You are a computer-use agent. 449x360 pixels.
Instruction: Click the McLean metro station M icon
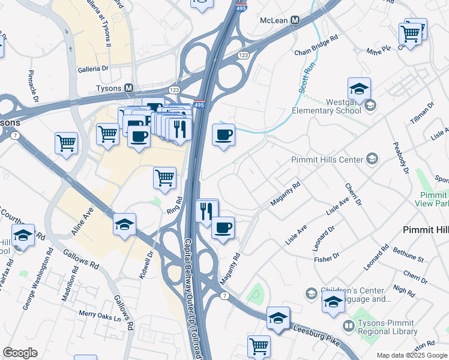(x=294, y=20)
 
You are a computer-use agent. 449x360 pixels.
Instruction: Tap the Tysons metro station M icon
(x=129, y=88)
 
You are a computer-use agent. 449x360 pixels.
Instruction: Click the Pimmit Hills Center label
(x=327, y=160)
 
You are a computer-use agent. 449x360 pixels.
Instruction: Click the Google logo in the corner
(x=20, y=353)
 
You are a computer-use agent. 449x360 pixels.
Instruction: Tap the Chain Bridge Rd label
(x=316, y=53)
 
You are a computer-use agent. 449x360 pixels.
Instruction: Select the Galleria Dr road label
(x=93, y=69)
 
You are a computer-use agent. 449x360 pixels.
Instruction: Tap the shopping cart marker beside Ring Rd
(x=164, y=178)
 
